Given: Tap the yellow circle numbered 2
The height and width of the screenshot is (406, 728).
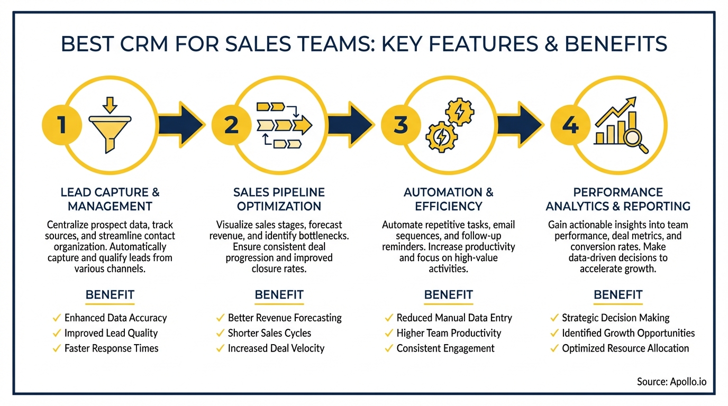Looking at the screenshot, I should [x=231, y=125].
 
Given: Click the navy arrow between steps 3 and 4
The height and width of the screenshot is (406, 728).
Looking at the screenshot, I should [x=522, y=125].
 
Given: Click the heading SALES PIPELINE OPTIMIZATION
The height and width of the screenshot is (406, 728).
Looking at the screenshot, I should [x=279, y=199].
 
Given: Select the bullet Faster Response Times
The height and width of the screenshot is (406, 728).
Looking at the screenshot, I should [x=111, y=348].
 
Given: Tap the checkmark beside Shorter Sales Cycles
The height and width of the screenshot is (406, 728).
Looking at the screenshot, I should [x=220, y=334].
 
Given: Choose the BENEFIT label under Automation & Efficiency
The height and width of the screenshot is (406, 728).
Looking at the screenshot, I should [x=448, y=294].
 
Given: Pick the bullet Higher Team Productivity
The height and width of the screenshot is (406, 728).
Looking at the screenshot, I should [x=449, y=333].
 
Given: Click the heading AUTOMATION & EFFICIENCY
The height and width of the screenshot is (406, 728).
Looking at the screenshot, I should [x=448, y=199].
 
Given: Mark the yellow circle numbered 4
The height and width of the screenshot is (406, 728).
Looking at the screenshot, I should [x=570, y=125].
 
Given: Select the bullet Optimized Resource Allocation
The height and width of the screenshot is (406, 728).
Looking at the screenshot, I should [x=625, y=348].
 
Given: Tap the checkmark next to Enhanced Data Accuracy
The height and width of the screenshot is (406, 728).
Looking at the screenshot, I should [x=57, y=318].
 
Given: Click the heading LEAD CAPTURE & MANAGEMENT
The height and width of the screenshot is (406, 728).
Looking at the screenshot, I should [x=110, y=199].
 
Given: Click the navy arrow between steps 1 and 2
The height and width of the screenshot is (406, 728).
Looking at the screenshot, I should [x=183, y=125].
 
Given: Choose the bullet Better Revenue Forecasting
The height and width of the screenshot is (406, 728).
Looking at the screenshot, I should [x=285, y=318].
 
